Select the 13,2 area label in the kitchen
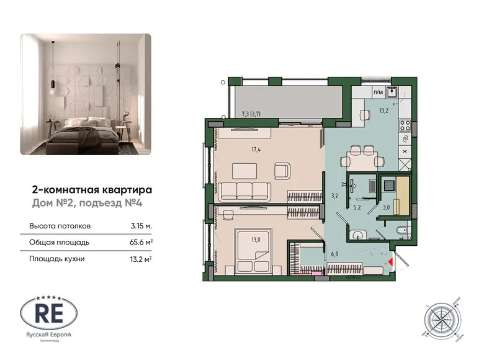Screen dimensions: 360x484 point(384,112)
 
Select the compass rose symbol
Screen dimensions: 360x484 point(443,319)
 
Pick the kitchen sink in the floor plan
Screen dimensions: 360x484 point(392,92)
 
